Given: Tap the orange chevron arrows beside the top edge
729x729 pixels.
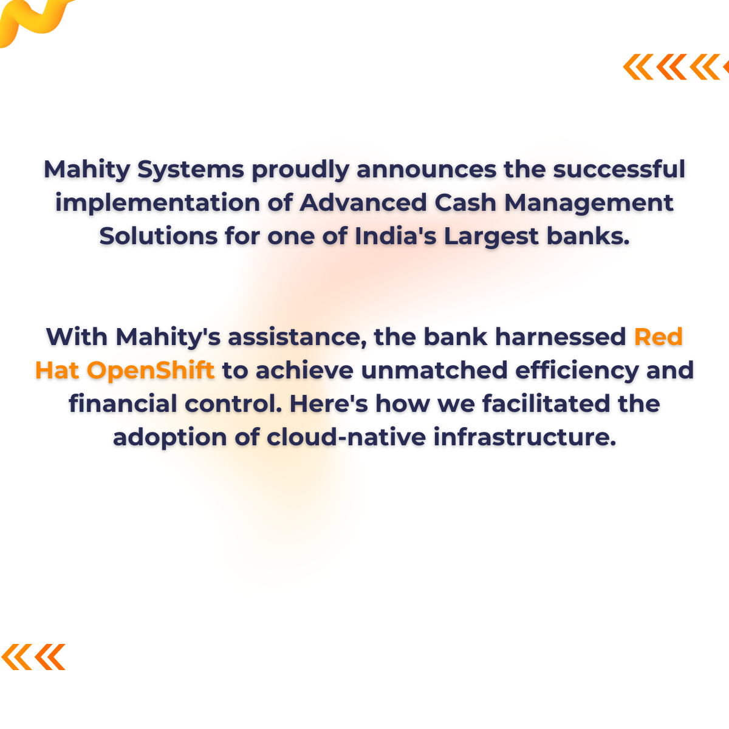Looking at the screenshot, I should tap(674, 67).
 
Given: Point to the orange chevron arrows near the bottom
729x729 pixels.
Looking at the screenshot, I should tap(33, 657).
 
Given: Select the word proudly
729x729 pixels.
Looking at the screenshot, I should tap(300, 170).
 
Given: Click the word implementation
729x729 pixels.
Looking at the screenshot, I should tap(157, 203).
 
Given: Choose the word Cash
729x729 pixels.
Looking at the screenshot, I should tap(466, 202).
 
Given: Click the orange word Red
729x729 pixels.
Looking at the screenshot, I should tap(659, 337).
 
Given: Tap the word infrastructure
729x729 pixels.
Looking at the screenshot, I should tap(525, 437).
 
